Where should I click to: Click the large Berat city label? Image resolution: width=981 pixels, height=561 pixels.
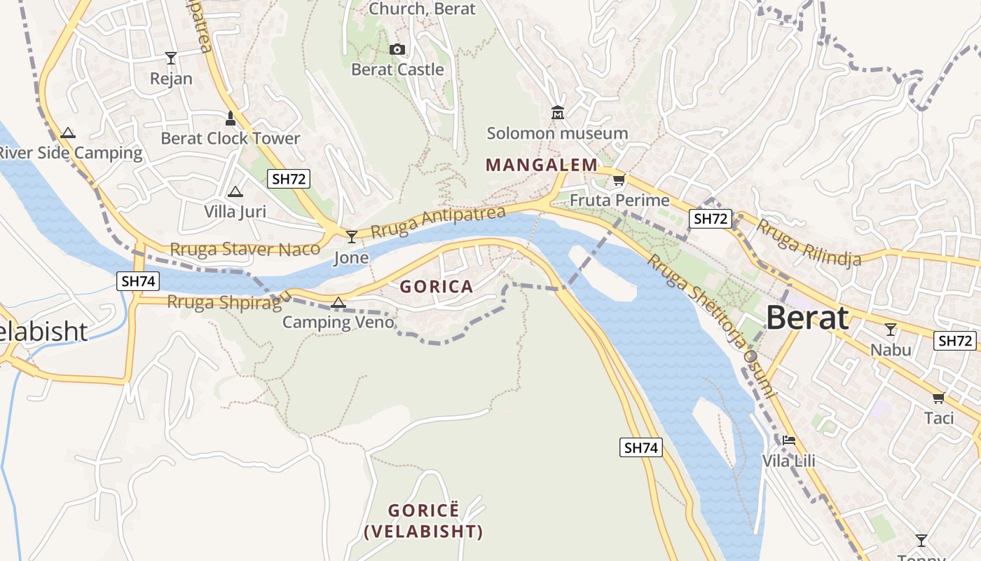807,318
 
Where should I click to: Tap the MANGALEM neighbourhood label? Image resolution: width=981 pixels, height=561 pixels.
542,165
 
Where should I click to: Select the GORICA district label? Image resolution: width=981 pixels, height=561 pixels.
437,286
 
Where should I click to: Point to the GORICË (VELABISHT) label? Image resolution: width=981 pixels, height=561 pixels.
423,521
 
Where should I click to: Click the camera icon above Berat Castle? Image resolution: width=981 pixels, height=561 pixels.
397,49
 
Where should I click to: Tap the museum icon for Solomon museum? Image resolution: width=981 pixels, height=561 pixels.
558,112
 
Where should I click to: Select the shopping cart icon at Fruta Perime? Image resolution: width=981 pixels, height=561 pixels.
619,180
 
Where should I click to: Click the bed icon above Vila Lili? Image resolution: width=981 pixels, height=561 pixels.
789,440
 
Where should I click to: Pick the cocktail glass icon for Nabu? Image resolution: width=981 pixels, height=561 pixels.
891,329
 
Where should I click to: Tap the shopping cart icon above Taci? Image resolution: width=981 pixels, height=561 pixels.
938,398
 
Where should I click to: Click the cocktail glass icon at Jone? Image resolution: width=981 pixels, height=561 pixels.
351,237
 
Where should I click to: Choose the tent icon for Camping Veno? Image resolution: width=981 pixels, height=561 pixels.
338,302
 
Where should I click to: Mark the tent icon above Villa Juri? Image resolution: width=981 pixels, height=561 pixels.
235,191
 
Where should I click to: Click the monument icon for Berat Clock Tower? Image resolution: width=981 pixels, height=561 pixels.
231,117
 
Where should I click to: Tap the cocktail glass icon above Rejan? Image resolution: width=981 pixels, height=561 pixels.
171,58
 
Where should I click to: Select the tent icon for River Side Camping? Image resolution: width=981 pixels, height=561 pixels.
68,133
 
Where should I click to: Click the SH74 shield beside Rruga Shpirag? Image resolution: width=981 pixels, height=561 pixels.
139,281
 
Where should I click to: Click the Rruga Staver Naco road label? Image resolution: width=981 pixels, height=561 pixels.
245,249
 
